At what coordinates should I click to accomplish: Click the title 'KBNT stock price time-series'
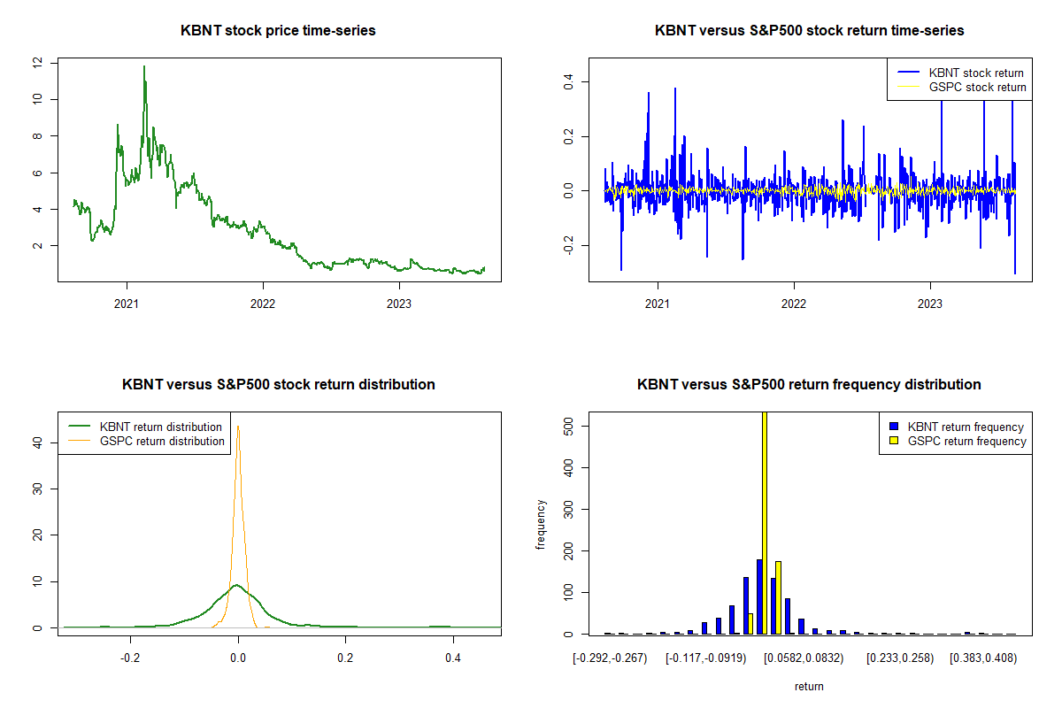[x=278, y=31]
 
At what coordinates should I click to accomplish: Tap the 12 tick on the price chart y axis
[x=37, y=64]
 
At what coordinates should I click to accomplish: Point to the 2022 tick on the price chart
[x=263, y=301]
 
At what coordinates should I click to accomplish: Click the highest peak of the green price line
[x=143, y=66]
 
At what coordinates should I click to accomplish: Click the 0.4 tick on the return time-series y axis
[x=568, y=81]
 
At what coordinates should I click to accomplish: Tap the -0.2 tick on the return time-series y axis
[x=568, y=245]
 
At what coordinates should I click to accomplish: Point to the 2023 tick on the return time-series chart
[x=930, y=301]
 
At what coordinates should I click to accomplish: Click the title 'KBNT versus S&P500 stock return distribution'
[x=278, y=385]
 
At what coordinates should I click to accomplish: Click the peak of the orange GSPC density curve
[x=237, y=427]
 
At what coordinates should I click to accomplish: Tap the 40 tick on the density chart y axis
[x=37, y=442]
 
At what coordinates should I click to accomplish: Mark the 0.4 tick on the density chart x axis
[x=453, y=658]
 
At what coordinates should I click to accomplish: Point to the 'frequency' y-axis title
[x=542, y=524]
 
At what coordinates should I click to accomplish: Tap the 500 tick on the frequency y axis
[x=568, y=426]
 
